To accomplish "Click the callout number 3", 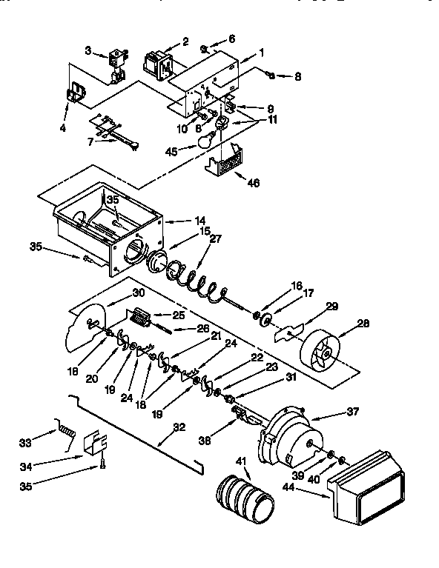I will (x=88, y=51).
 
